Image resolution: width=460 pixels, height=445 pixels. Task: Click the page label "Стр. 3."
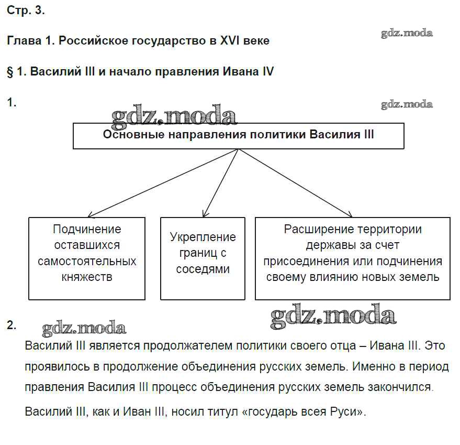(x=26, y=12)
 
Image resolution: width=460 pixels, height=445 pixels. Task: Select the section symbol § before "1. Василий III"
(x=10, y=72)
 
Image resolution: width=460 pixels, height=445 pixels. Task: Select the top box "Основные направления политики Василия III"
(x=238, y=136)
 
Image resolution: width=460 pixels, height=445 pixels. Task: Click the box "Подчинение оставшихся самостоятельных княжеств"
(x=87, y=258)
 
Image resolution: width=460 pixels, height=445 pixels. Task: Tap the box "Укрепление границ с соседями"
(x=203, y=258)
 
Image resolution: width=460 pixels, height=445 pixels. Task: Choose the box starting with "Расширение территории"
(x=352, y=258)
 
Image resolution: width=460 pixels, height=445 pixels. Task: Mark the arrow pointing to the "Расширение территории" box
(x=296, y=183)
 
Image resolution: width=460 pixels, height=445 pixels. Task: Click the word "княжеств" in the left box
(x=87, y=277)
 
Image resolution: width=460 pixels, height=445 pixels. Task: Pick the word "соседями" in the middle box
(x=203, y=269)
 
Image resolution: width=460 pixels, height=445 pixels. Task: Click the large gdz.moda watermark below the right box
(x=333, y=316)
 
